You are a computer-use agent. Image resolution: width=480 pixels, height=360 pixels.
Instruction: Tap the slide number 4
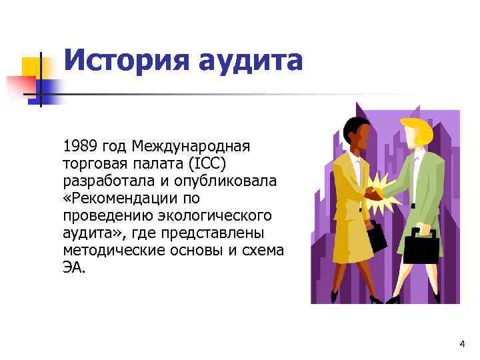coord(462,343)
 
